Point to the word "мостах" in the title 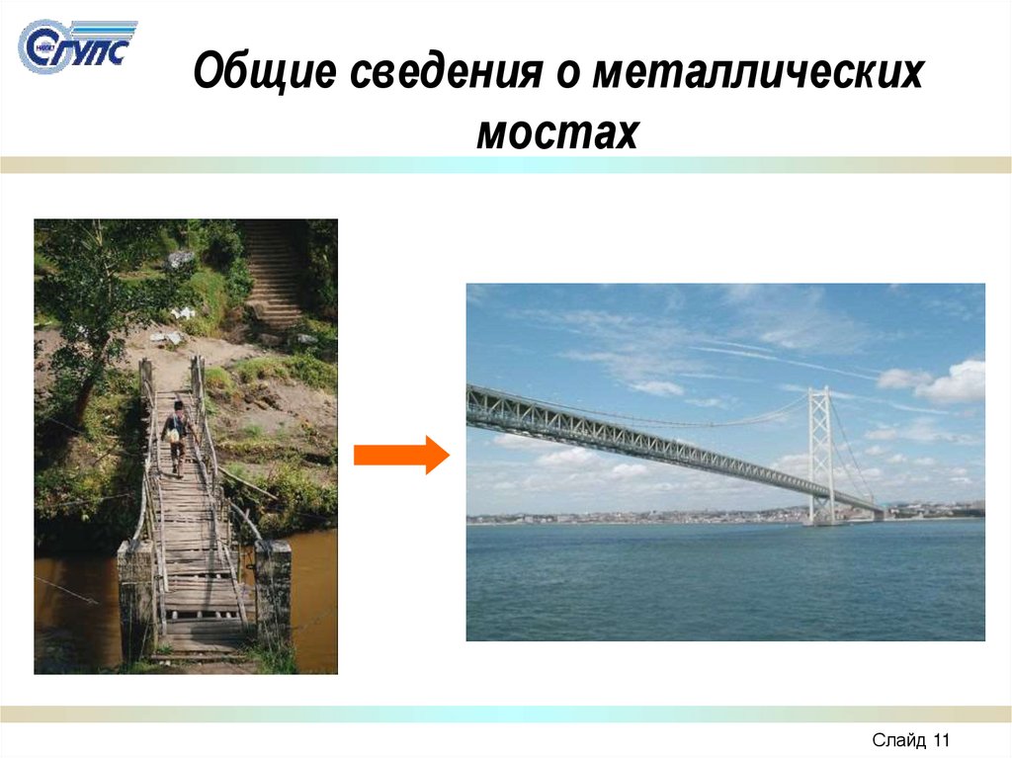(557, 131)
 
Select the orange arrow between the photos (400, 455)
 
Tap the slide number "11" (940, 739)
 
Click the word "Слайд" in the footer (898, 739)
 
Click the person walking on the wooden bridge (176, 436)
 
